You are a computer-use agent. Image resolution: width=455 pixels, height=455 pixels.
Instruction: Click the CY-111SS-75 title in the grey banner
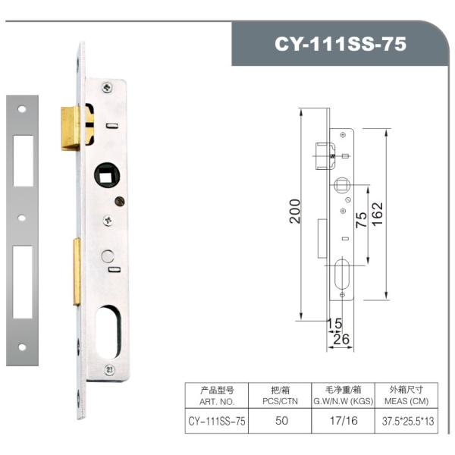pyautogui.click(x=340, y=43)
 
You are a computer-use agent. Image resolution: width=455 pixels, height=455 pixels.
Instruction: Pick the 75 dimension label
pyautogui.click(x=361, y=220)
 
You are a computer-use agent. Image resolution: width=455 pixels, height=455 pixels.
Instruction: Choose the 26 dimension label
pyautogui.click(x=341, y=339)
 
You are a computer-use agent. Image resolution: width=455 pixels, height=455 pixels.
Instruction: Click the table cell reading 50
pyautogui.click(x=281, y=419)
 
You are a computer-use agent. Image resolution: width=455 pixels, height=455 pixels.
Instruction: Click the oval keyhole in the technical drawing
pyautogui.click(x=343, y=275)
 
